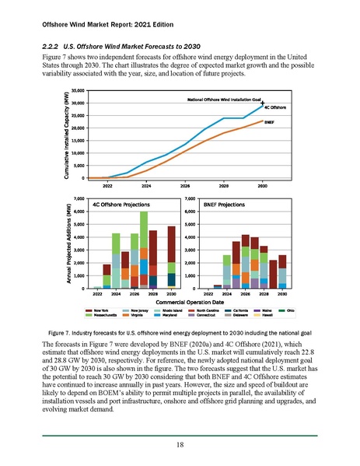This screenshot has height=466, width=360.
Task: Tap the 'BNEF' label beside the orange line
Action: pyautogui.click(x=270, y=121)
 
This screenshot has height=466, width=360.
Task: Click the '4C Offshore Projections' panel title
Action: pyautogui.click(x=118, y=205)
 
